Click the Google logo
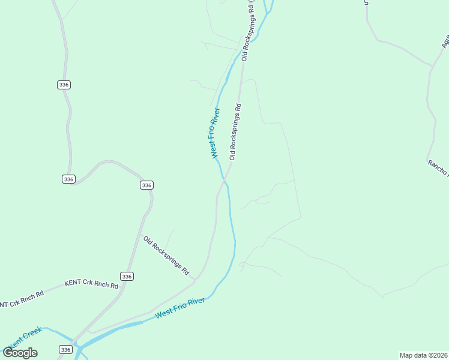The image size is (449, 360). pyautogui.click(x=20, y=353)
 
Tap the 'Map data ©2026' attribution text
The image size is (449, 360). pyautogui.click(x=424, y=355)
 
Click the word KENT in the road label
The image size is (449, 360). pyautogui.click(x=73, y=283)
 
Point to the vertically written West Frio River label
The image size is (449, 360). pyautogui.click(x=215, y=133)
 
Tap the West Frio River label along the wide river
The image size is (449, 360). pyautogui.click(x=179, y=308)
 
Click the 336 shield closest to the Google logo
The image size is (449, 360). pyautogui.click(x=66, y=349)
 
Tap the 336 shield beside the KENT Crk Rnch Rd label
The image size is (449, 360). pyautogui.click(x=126, y=276)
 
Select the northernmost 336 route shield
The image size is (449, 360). pyautogui.click(x=64, y=85)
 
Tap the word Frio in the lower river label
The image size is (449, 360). pyautogui.click(x=181, y=307)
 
